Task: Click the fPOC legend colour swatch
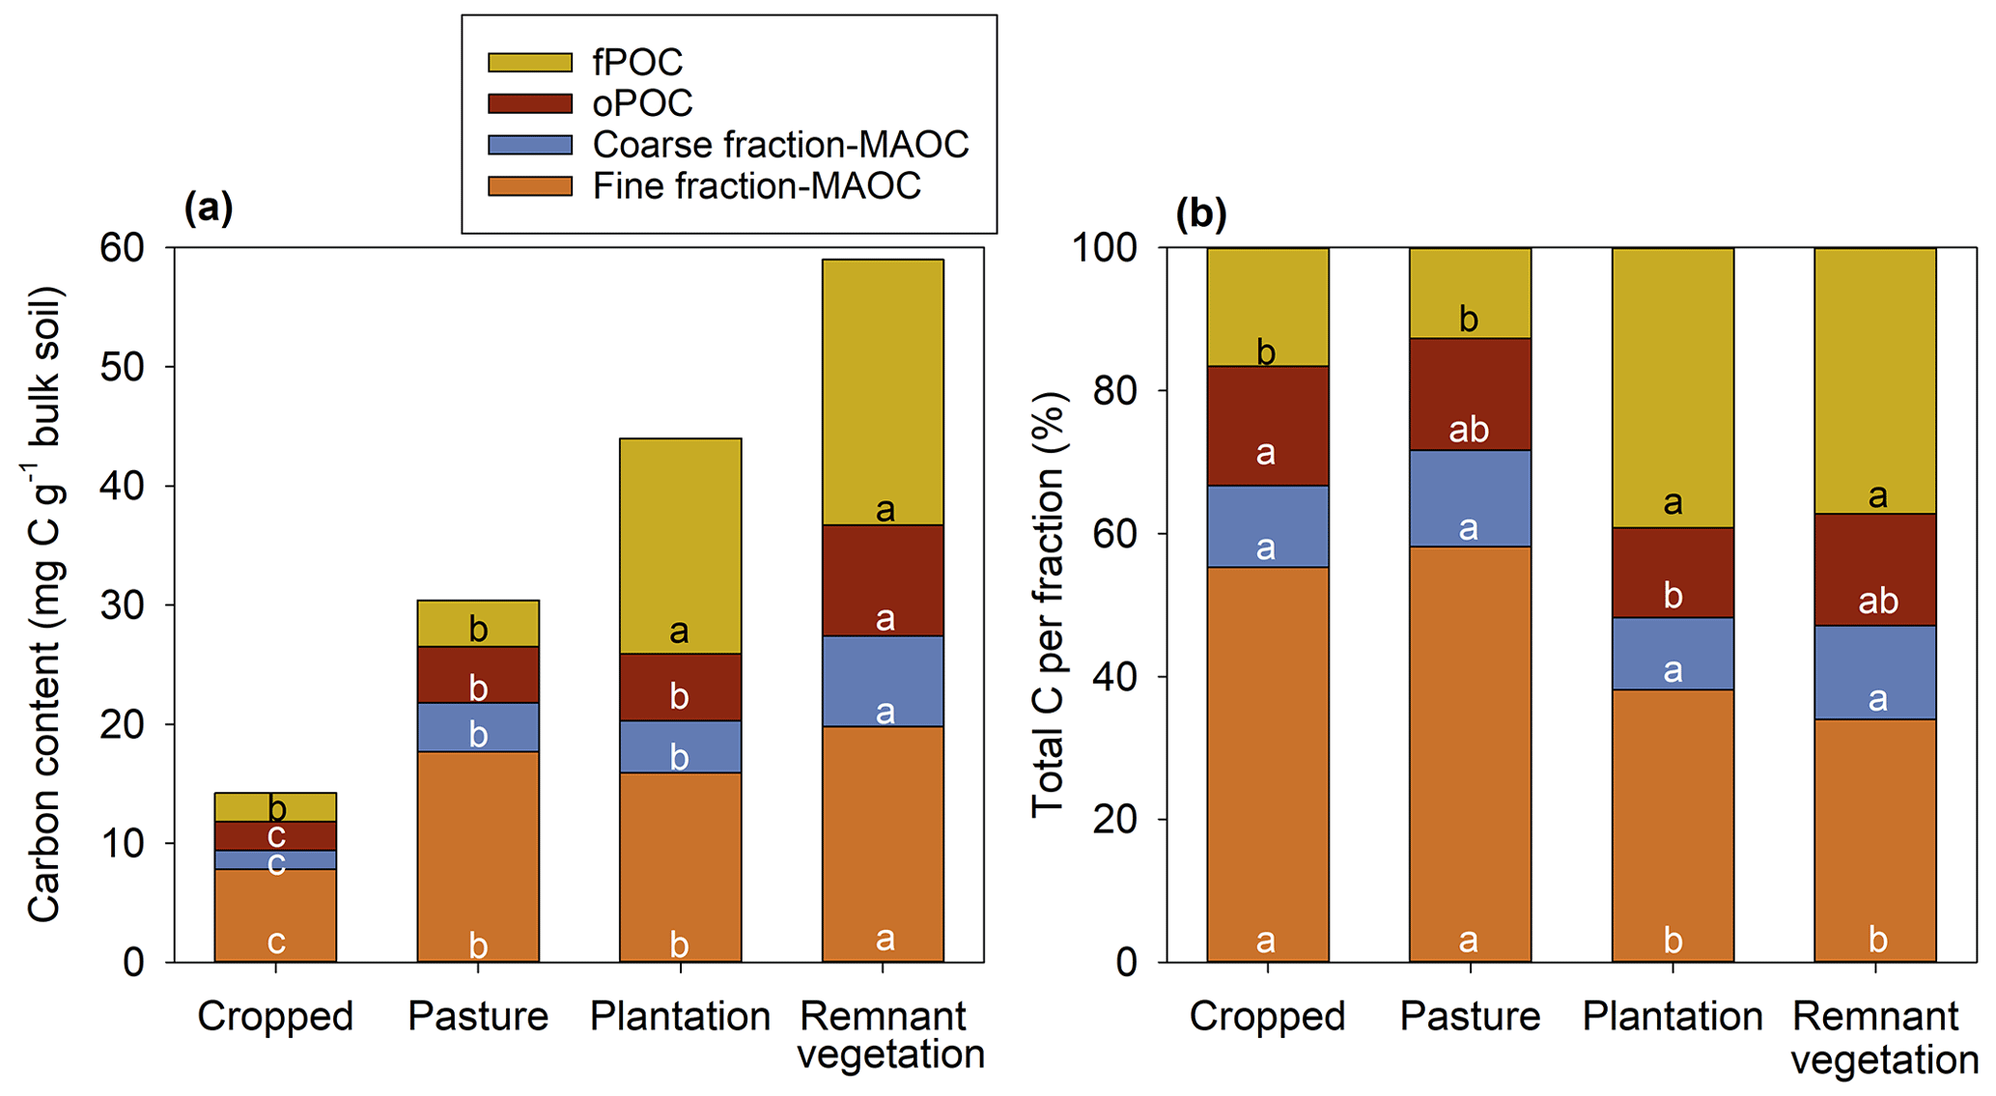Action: [530, 62]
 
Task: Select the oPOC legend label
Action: [642, 103]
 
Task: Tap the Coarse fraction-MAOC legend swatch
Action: [530, 145]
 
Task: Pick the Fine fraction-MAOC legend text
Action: [756, 186]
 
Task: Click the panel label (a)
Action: [209, 208]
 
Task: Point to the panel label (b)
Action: [1200, 213]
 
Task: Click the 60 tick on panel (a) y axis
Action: [122, 248]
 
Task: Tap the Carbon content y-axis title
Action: [44, 604]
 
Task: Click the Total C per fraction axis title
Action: [1049, 604]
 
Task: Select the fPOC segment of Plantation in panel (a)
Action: [680, 546]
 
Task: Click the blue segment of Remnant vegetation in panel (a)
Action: [883, 681]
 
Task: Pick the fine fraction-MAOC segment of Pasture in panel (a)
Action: [478, 857]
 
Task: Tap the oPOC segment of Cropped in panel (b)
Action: [1267, 425]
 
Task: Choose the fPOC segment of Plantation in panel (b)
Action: [1673, 387]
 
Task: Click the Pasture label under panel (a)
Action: [478, 1017]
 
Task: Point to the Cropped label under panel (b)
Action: [1267, 1017]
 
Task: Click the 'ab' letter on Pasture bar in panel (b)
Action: [1469, 430]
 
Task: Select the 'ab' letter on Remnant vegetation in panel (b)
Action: [1878, 602]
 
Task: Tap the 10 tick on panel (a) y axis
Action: [122, 844]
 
